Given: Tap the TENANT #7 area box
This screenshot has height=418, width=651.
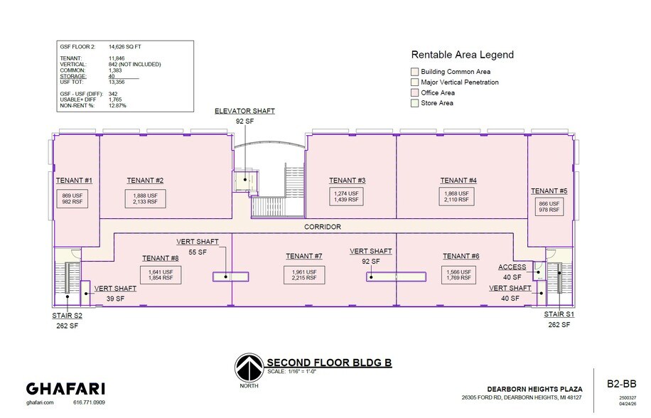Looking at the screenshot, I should [x=304, y=275].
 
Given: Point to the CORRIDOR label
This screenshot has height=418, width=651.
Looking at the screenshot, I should [x=322, y=227].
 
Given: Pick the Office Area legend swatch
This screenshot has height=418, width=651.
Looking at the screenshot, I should [x=414, y=92].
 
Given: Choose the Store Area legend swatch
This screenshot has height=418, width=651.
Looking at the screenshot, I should [x=414, y=103].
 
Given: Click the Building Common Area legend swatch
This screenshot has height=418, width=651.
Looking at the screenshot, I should [x=414, y=72].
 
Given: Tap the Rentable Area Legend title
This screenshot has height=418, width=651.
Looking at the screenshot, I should [x=463, y=55].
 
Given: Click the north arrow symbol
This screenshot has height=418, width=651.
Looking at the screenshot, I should [x=249, y=367].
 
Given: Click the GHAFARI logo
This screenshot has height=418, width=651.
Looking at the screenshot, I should [x=66, y=388].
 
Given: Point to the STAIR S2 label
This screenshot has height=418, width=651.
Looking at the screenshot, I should [x=68, y=315].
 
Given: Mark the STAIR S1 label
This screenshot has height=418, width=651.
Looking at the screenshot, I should [x=559, y=314].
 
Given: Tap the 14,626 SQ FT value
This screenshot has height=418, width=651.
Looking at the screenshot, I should [x=126, y=46].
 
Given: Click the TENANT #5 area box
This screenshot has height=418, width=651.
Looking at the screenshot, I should [x=550, y=208].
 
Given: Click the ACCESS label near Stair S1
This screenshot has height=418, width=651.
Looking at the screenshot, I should [x=512, y=267].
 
